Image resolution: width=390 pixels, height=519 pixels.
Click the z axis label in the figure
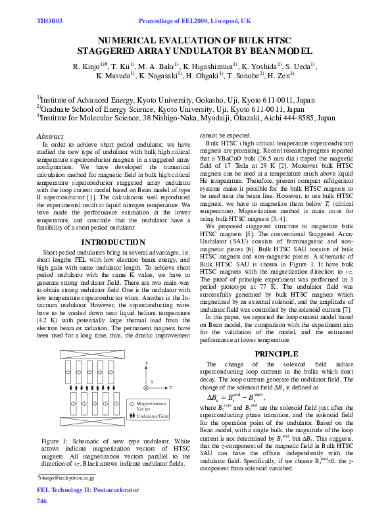(x=171, y=388)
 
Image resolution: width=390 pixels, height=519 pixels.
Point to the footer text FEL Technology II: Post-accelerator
(x=87, y=490)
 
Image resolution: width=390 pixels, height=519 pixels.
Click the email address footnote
(x=66, y=476)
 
